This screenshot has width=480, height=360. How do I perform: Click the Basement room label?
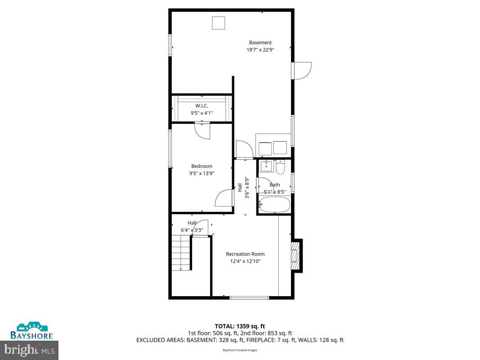(x=260, y=43)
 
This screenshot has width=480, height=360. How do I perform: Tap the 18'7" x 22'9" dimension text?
(x=260, y=50)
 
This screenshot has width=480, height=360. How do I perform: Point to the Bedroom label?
(x=202, y=166)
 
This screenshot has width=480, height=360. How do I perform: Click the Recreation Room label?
(x=245, y=254)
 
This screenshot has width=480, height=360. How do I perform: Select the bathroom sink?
(x=266, y=166)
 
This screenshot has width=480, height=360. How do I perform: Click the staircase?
(x=181, y=254)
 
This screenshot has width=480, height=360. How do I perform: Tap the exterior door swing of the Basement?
(x=301, y=71)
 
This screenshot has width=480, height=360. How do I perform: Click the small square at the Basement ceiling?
(x=219, y=23)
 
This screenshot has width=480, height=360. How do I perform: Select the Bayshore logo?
(x=32, y=330)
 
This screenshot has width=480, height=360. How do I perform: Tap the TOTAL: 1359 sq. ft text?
(x=240, y=326)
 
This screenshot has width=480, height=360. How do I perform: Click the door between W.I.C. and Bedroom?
(x=202, y=130)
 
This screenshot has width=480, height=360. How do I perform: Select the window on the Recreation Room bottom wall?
(x=249, y=297)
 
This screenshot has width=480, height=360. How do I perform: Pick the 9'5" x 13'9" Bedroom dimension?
(x=202, y=173)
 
